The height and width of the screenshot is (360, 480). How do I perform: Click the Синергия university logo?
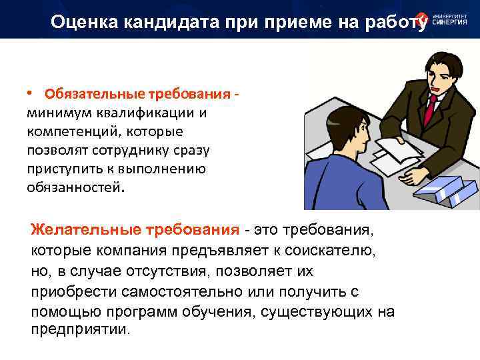[444, 20]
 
